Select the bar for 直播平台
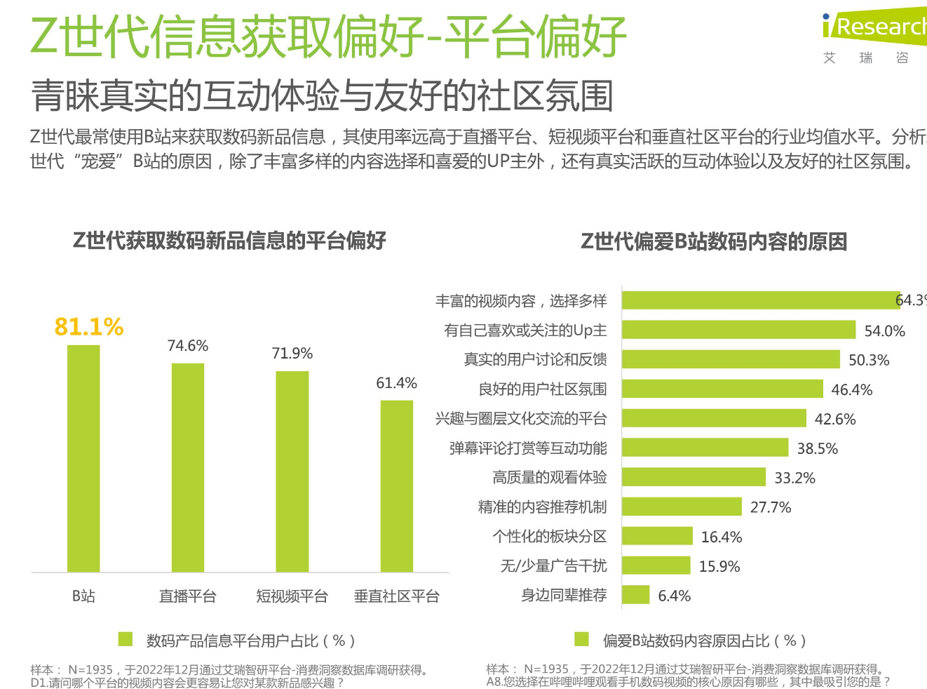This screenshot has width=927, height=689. [x=188, y=467]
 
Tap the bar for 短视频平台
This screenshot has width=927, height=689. [x=292, y=471]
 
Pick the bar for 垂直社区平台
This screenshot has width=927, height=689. [x=397, y=486]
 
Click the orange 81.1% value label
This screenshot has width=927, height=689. [x=89, y=327]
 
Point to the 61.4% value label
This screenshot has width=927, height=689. [x=396, y=383]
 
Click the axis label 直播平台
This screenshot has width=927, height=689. [x=187, y=596]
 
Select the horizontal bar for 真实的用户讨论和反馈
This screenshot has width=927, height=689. [x=730, y=359]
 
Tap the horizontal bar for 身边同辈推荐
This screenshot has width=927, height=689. [x=635, y=595]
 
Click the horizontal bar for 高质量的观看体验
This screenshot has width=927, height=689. [x=693, y=477]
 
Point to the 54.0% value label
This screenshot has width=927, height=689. [x=884, y=330]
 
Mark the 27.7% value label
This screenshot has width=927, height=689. [x=770, y=507]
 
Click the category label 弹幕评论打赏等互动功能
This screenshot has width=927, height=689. [x=528, y=448]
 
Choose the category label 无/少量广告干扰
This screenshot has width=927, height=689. [x=553, y=566]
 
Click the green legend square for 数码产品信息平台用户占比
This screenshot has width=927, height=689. [x=126, y=639]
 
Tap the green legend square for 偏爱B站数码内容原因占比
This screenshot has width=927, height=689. [x=581, y=639]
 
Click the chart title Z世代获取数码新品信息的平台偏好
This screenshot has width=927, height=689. [x=229, y=241]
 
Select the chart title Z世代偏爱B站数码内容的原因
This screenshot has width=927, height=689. [x=713, y=242]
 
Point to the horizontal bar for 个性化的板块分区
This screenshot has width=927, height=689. [x=657, y=536]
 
